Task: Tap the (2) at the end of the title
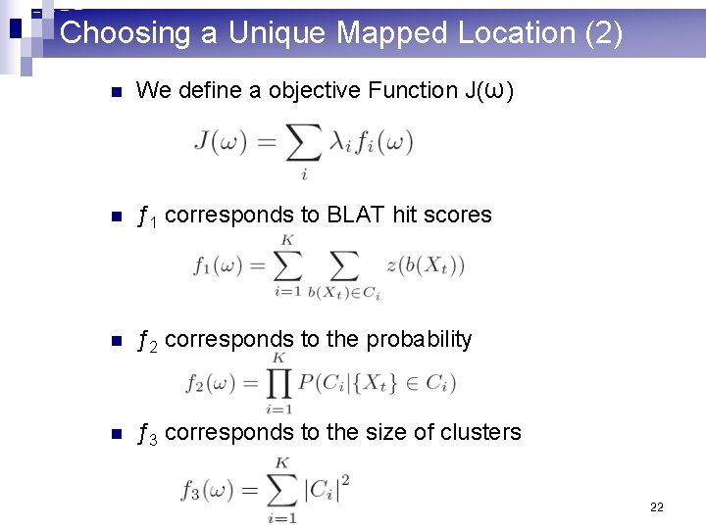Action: pos(602,33)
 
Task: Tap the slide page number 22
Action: pos(656,507)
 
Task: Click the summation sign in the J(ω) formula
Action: pos(303,144)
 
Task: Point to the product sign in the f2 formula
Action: pos(278,383)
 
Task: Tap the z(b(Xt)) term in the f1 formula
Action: pos(425,265)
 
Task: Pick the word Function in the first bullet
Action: pos(413,91)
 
